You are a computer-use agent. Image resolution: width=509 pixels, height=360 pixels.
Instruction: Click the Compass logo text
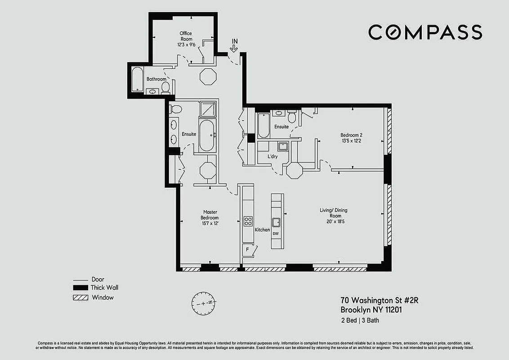pos(425,32)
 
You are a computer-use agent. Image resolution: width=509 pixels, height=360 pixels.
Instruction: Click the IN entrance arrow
pos(234,45)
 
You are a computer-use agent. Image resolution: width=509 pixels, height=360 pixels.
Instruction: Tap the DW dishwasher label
pos(276,234)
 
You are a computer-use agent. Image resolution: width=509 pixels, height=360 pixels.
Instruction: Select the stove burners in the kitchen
pos(248,220)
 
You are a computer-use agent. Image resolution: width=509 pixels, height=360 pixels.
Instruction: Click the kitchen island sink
pos(276,222)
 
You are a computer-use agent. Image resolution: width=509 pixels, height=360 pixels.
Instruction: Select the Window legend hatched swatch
pos(80,297)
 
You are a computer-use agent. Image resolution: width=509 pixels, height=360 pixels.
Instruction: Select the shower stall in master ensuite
pos(207,109)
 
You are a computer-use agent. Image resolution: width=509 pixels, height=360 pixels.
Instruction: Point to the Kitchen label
pos(262,230)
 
